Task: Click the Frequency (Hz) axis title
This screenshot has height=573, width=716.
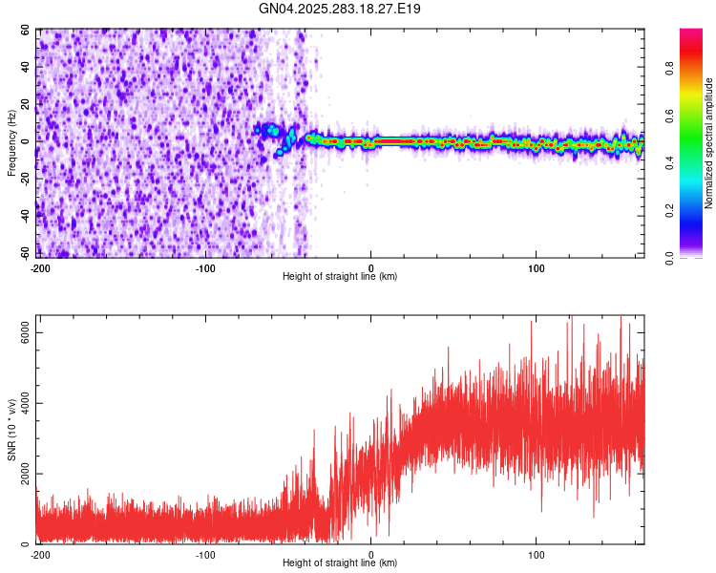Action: [11, 143]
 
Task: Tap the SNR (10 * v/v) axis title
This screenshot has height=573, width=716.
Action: [11, 429]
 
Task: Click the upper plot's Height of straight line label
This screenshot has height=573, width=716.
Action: [340, 276]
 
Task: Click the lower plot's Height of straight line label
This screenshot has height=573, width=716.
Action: [340, 562]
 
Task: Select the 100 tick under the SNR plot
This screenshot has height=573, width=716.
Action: [537, 554]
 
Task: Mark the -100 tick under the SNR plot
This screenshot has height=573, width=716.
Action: [205, 554]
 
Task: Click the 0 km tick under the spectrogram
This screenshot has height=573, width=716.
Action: [371, 267]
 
